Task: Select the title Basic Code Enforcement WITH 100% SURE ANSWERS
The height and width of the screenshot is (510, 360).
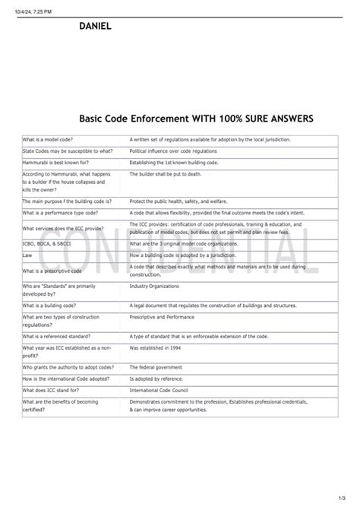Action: coord(196,119)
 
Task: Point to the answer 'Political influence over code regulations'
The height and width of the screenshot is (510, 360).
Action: coord(174,151)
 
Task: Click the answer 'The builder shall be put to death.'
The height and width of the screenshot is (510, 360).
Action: coord(164,174)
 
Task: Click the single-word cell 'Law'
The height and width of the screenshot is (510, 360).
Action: coord(27,255)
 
